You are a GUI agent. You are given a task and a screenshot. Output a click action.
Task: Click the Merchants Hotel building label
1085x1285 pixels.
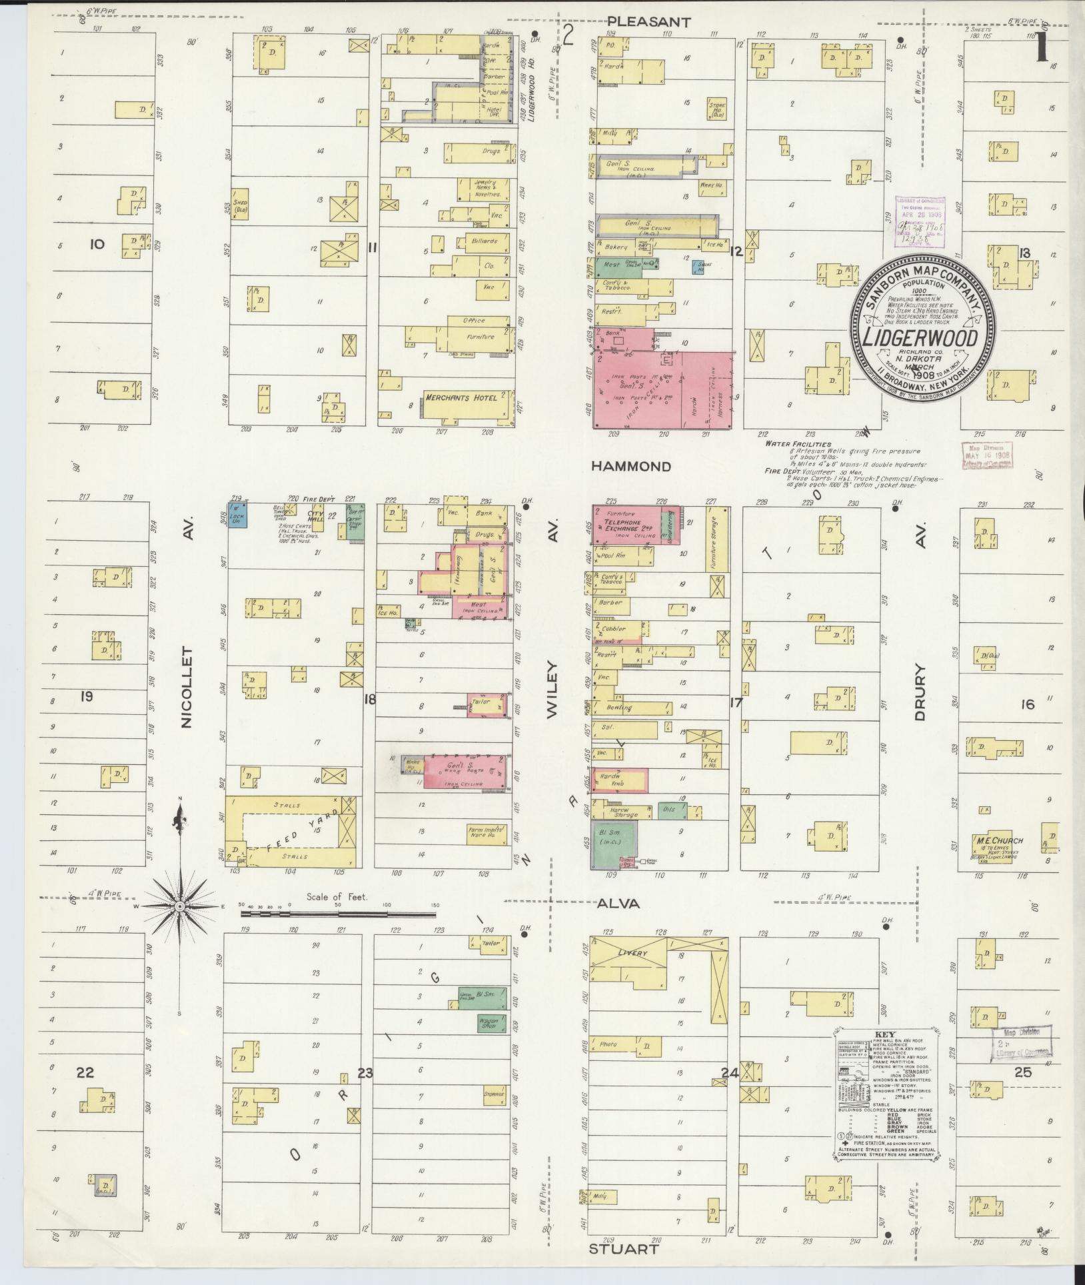pos(461,398)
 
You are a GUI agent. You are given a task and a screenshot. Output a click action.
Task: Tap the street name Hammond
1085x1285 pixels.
pos(631,467)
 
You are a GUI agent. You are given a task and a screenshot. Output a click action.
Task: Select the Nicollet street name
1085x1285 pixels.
pos(186,687)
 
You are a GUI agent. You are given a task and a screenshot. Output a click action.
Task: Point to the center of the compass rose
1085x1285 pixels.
pos(179,908)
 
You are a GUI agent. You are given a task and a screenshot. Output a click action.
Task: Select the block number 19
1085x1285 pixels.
pos(87,698)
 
